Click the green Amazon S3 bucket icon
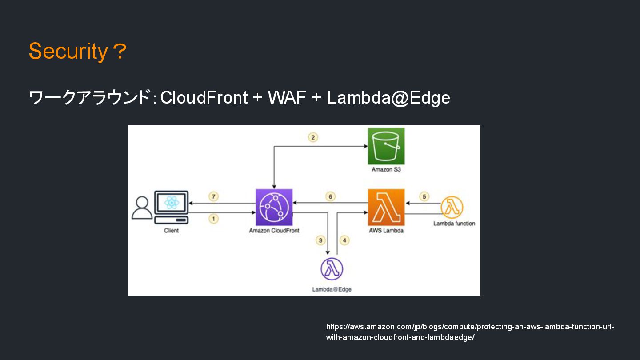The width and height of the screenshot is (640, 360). (x=386, y=146)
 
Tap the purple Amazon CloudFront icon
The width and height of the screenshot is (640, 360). (x=274, y=207)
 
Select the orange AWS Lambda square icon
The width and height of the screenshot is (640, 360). (x=386, y=207)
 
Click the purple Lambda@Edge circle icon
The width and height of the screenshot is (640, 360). (x=332, y=269)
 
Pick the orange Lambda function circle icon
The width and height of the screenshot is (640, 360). (x=452, y=207)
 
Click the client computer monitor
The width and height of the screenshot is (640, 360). (x=171, y=203)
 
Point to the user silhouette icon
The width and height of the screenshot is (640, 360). (x=142, y=208)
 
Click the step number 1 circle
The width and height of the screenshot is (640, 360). (x=213, y=219)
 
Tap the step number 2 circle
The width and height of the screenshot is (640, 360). (x=313, y=137)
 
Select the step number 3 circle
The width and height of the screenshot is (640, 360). (x=320, y=240)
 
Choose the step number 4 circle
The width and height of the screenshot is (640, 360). (x=344, y=240)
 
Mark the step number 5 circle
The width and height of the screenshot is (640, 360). (x=424, y=196)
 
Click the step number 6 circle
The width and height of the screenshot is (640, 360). (x=330, y=196)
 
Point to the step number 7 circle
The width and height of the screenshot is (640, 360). (x=213, y=196)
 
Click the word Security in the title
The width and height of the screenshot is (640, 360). (x=68, y=52)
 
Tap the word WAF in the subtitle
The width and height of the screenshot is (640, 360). (x=287, y=97)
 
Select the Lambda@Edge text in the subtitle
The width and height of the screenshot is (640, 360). (x=388, y=98)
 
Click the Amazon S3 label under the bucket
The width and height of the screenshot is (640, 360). (x=386, y=169)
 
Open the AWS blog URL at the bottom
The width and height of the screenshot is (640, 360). (x=470, y=332)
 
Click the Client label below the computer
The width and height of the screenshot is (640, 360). (x=171, y=231)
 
